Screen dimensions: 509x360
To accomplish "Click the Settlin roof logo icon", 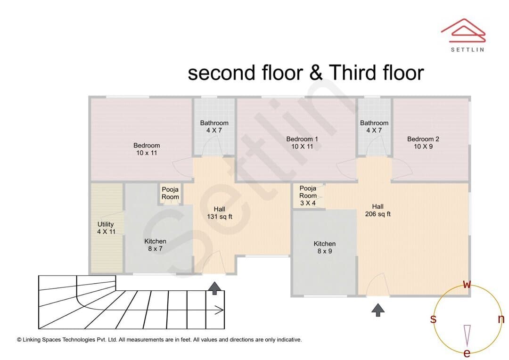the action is [463, 31].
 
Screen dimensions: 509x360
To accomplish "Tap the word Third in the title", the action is [353, 73].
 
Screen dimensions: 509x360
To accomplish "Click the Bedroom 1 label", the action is [302, 143].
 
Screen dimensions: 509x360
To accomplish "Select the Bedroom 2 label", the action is [423, 143].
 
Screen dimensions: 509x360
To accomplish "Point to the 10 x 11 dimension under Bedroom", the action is [147, 153].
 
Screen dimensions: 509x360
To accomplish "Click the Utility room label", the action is [106, 228].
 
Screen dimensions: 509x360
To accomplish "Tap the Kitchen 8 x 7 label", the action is [155, 245].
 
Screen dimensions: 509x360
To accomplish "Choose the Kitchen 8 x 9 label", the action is [325, 247].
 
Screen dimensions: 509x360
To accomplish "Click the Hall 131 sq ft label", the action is [220, 213].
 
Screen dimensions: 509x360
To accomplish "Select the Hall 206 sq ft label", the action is [378, 210].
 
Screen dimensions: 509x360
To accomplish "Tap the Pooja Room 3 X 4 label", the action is [308, 196].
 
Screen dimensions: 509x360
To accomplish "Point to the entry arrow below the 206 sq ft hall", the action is [378, 310].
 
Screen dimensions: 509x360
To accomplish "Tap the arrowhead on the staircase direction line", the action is [221, 311].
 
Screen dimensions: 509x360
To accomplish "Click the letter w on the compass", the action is [467, 285].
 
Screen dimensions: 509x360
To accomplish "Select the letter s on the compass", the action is [433, 319].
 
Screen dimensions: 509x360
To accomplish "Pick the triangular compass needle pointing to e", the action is [467, 335].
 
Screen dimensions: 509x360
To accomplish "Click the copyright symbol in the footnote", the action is [19, 340].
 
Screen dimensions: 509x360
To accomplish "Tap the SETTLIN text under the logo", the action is [468, 49].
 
